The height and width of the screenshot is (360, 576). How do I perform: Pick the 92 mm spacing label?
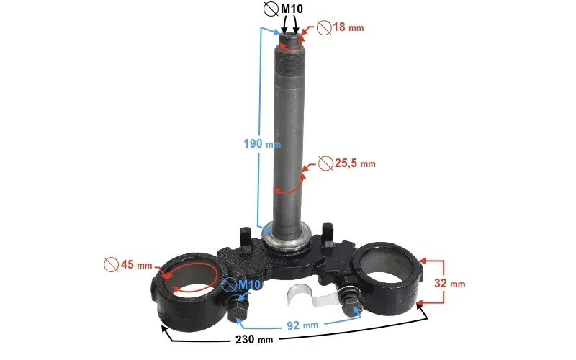(300, 325)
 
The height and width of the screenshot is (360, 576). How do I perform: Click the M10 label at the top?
(292, 9)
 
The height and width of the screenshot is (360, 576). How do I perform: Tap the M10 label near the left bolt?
(249, 285)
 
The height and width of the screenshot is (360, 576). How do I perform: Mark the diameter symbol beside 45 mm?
(110, 264)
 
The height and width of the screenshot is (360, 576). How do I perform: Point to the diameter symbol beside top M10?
(271, 9)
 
